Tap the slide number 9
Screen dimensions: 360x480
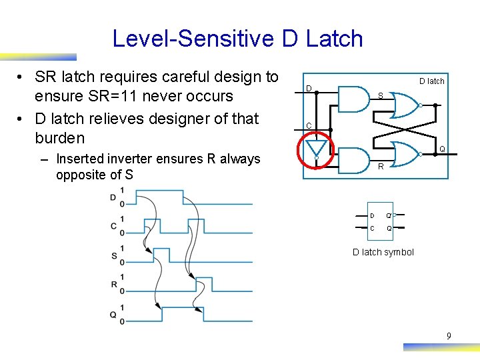point(449,337)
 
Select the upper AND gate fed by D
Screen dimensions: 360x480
point(353,99)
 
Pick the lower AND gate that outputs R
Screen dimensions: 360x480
point(353,159)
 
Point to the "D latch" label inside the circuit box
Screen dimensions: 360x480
point(431,81)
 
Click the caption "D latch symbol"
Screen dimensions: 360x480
point(383,252)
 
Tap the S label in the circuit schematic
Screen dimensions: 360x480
point(380,95)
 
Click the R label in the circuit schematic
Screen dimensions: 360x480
point(381,167)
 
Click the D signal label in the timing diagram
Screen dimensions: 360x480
point(113,197)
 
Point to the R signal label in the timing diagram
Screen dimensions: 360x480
point(113,285)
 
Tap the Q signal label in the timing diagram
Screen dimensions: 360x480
point(113,314)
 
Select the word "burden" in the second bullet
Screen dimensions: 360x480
point(60,138)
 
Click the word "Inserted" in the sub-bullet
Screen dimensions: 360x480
point(82,159)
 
